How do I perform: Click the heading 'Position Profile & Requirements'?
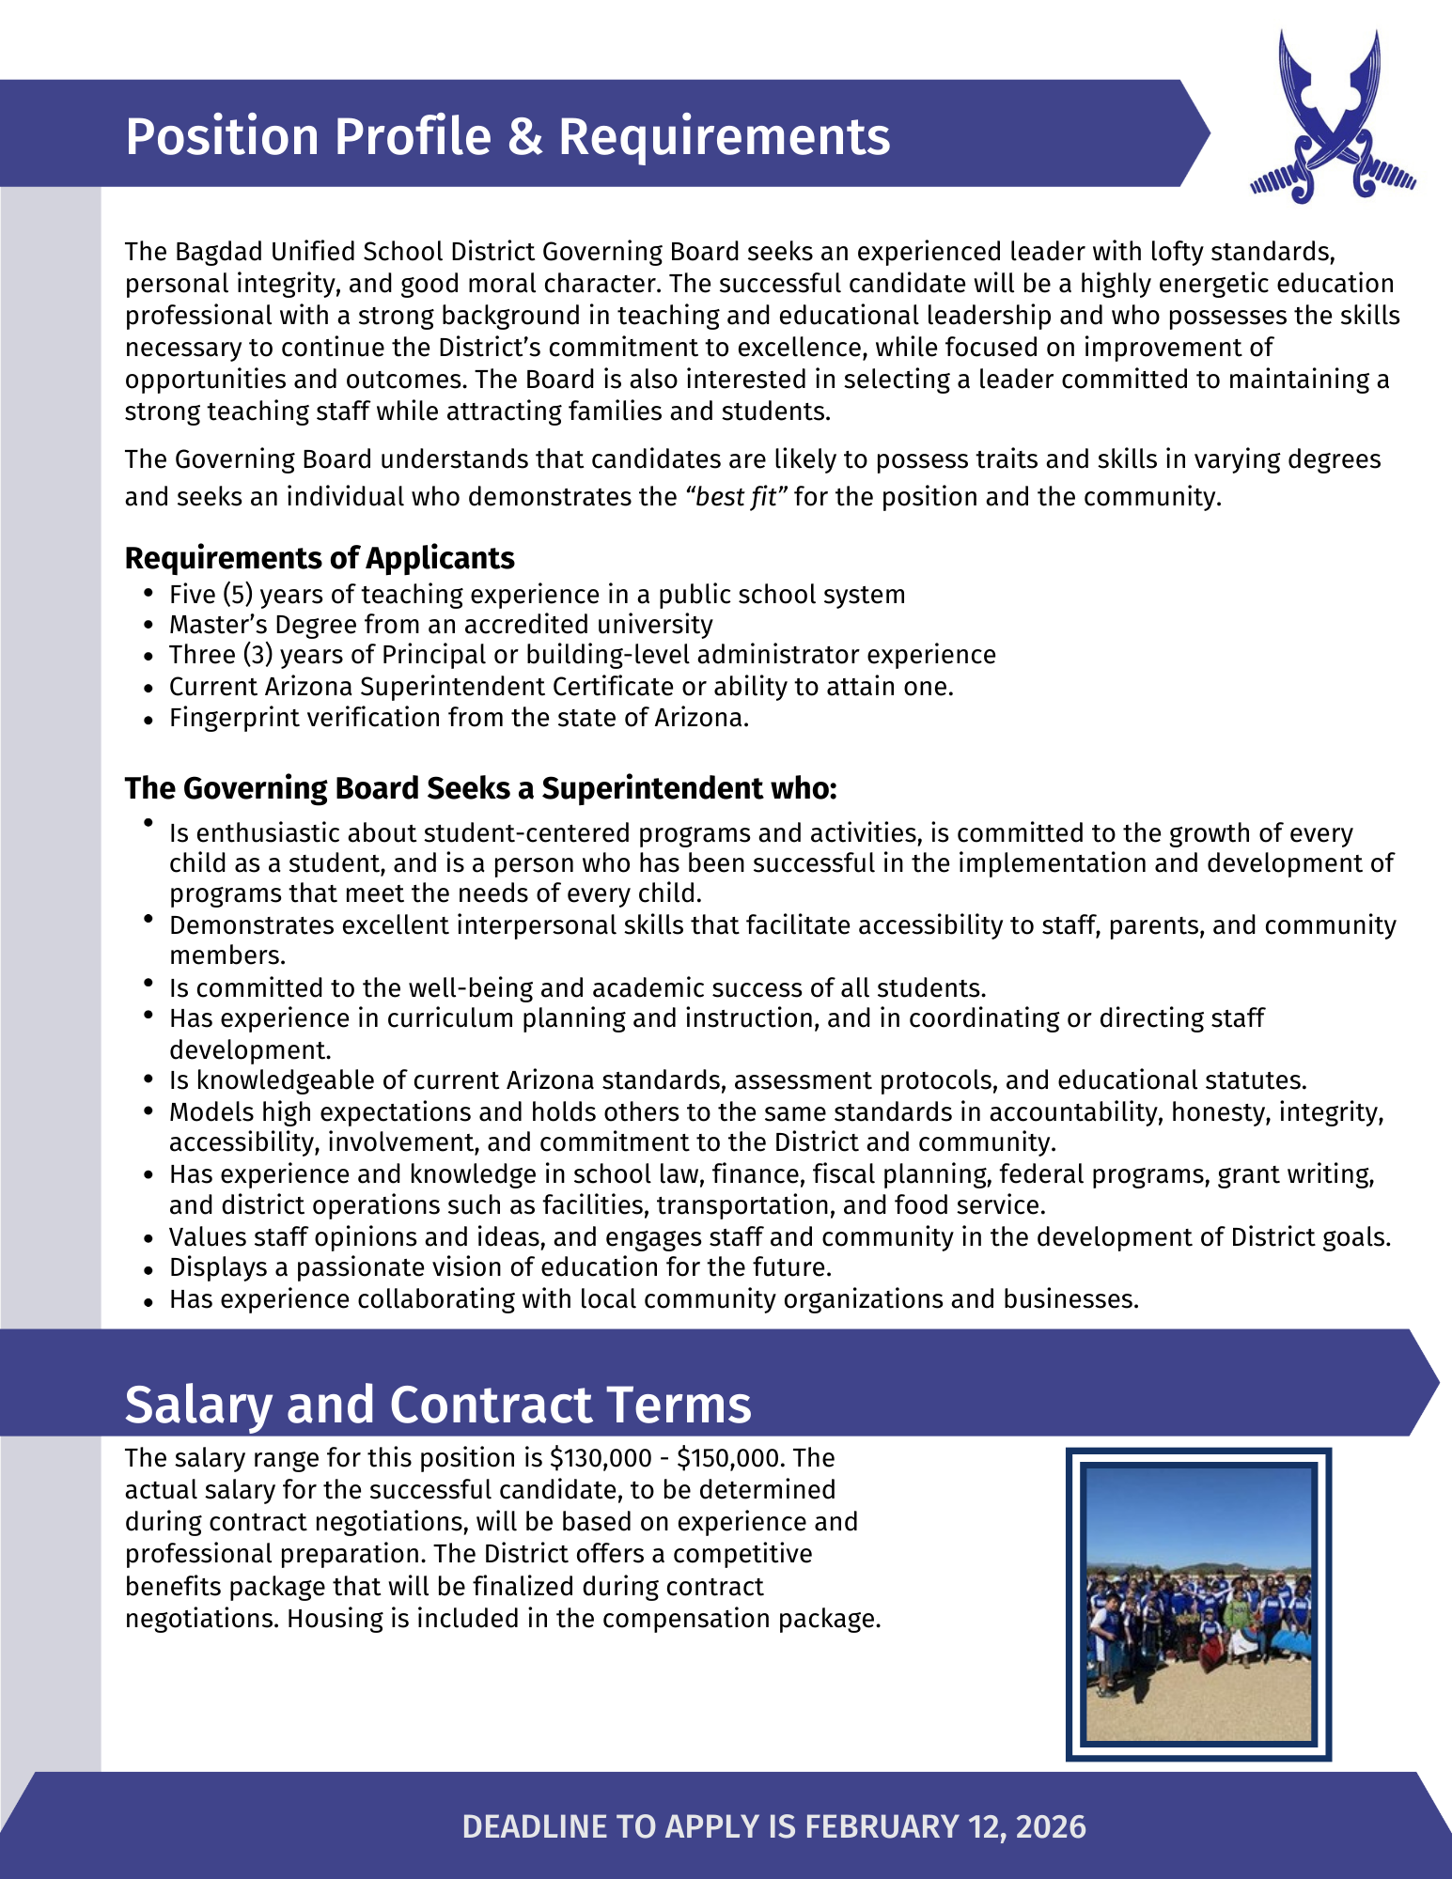pyautogui.click(x=507, y=136)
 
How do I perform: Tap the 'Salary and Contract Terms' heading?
pyautogui.click(x=438, y=1405)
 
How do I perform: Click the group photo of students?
pyautogui.click(x=1198, y=1604)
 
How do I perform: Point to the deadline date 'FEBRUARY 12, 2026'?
pyautogui.click(x=945, y=1826)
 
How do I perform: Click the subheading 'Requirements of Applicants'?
pyautogui.click(x=320, y=558)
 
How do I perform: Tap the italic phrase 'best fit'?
pyautogui.click(x=736, y=496)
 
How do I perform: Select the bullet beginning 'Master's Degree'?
pyautogui.click(x=441, y=625)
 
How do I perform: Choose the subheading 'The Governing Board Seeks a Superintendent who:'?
pyautogui.click(x=480, y=788)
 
